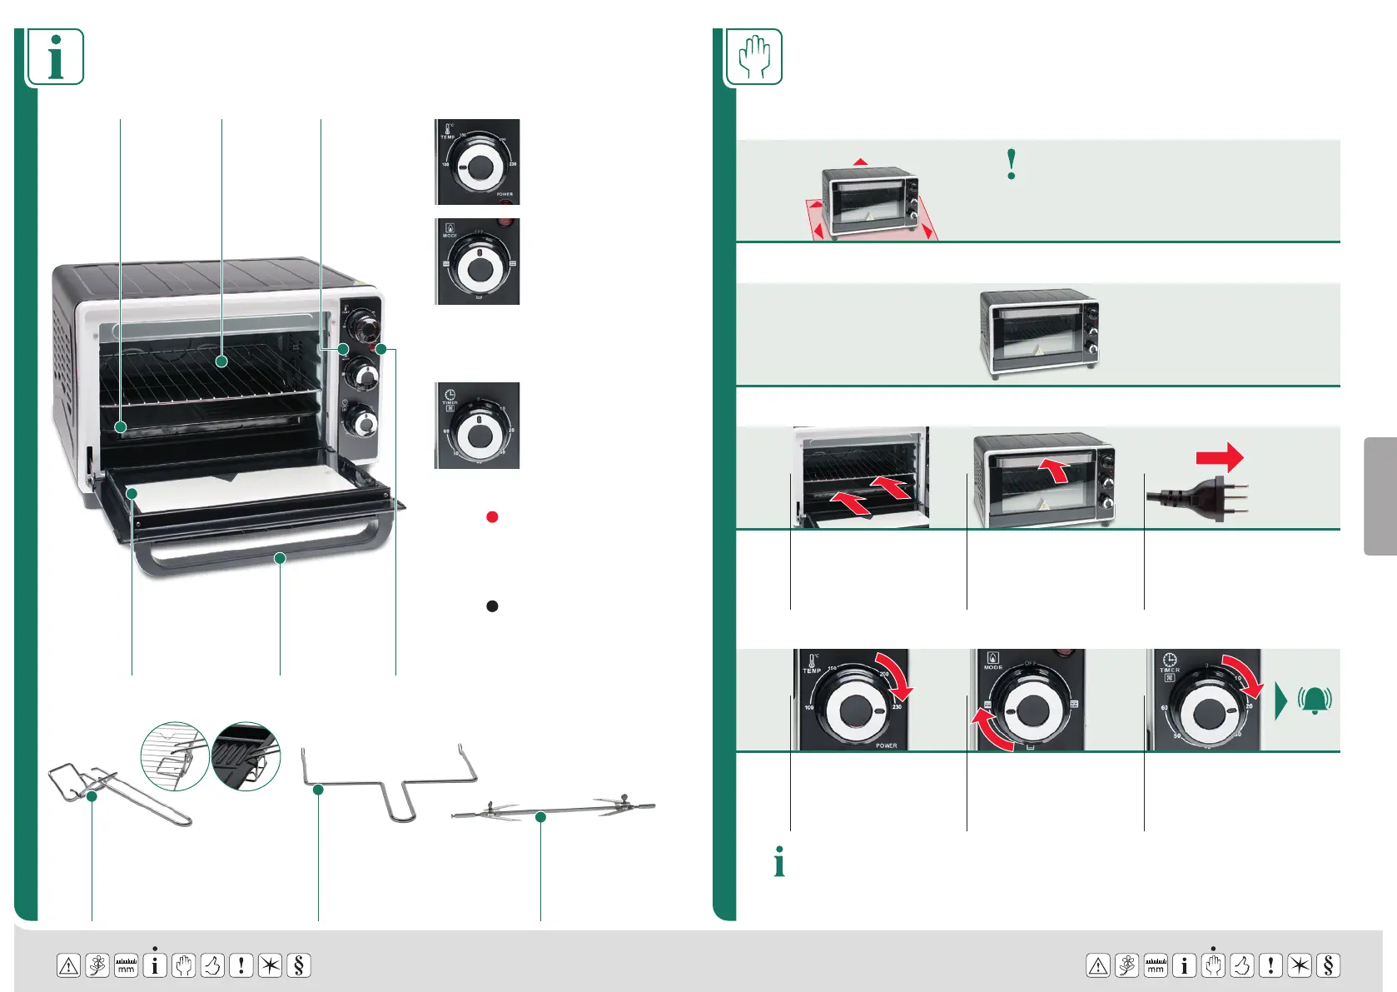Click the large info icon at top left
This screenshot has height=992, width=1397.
click(x=56, y=57)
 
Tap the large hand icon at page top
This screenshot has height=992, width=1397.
click(x=754, y=57)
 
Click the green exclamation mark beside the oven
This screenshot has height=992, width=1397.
click(x=1012, y=165)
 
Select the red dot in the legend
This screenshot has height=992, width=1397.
click(x=492, y=517)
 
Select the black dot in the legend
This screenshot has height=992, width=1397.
click(x=492, y=606)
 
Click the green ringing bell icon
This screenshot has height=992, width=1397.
click(x=1315, y=700)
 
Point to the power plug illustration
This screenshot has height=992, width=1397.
click(x=1199, y=498)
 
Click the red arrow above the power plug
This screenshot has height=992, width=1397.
click(x=1220, y=457)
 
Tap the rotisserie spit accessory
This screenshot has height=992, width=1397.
click(x=554, y=809)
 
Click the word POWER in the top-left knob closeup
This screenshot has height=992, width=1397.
click(x=505, y=194)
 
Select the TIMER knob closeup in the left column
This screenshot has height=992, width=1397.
click(x=477, y=426)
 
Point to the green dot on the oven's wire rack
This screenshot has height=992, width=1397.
click(x=221, y=361)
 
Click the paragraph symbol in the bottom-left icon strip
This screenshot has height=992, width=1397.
click(x=298, y=965)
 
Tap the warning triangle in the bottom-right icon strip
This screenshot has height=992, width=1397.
click(x=1098, y=965)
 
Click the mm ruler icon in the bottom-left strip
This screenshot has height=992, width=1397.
click(x=126, y=965)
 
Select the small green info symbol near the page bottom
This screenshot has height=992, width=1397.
click(x=779, y=862)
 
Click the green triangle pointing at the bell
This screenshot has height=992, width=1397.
click(x=1280, y=700)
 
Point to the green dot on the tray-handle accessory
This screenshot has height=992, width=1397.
click(x=92, y=796)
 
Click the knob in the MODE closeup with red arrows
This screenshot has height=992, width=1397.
click(x=1032, y=710)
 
